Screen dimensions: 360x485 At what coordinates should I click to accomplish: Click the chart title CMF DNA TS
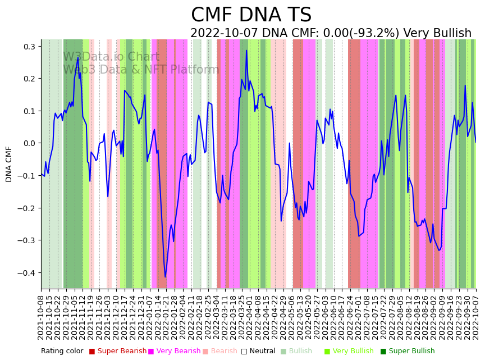coord(251,15)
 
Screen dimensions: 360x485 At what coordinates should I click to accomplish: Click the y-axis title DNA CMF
coord(9,164)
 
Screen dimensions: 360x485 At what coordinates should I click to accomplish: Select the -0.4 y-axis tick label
coord(26,273)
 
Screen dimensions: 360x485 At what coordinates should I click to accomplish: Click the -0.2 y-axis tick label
coord(26,208)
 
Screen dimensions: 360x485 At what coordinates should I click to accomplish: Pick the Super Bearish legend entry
coord(118,351)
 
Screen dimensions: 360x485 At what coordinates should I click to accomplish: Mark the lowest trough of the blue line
coord(165,277)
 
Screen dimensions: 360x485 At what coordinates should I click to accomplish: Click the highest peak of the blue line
coord(246,51)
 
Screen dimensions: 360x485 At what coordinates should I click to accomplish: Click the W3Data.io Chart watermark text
coord(111,57)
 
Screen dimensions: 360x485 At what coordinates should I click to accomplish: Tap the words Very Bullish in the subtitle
coord(437,33)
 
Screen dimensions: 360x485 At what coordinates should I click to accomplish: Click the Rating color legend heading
coord(62,351)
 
